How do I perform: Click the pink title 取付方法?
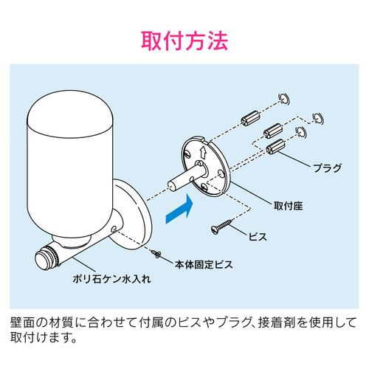184,38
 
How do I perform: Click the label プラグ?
326,168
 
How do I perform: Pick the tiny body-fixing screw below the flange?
157,253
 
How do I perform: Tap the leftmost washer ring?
283,99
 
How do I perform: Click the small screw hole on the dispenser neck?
113,230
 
